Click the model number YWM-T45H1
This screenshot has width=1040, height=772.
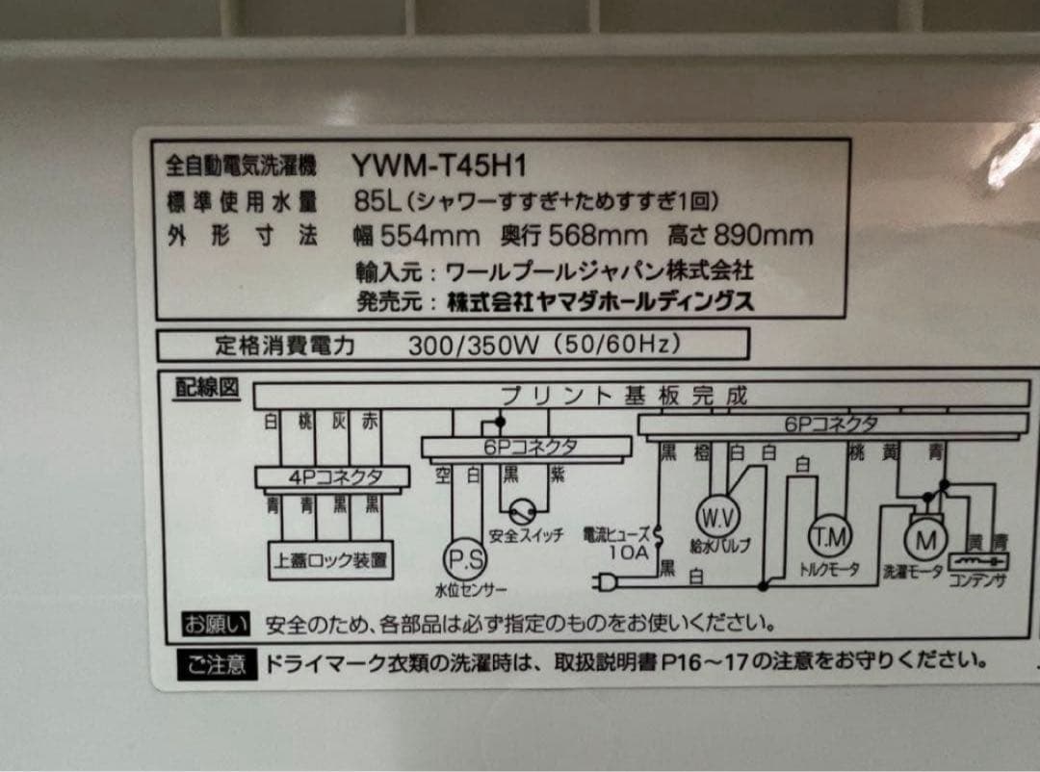pos(438,167)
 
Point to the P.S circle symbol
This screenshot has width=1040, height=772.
pos(465,559)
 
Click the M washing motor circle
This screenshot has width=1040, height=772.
pos(926,540)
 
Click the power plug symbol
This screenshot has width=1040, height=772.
pos(610,580)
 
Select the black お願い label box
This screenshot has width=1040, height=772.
pos(216,624)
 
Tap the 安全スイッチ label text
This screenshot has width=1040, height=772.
pos(526,536)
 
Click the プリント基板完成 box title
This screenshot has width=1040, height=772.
pos(624,395)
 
